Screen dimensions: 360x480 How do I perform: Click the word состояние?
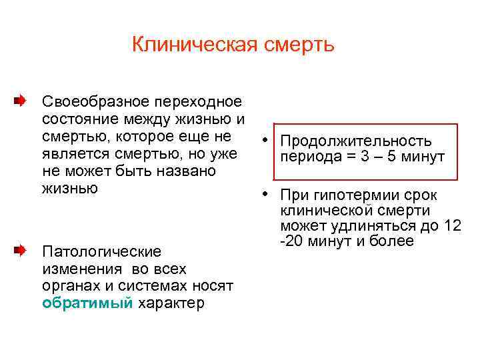75,119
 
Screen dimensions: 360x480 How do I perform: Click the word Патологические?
101,251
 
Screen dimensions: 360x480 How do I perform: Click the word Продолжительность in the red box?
356,141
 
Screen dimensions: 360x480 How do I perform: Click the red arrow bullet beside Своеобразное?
21,102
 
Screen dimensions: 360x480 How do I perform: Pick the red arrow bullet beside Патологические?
21,251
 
